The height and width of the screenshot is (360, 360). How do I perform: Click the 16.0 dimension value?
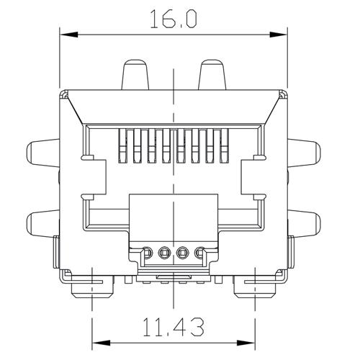tap(174, 19)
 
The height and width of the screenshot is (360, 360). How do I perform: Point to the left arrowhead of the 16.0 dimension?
tap(64, 33)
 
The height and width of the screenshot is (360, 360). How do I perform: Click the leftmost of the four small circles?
tap(148, 253)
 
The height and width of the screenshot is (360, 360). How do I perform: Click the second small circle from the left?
tap(166, 253)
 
